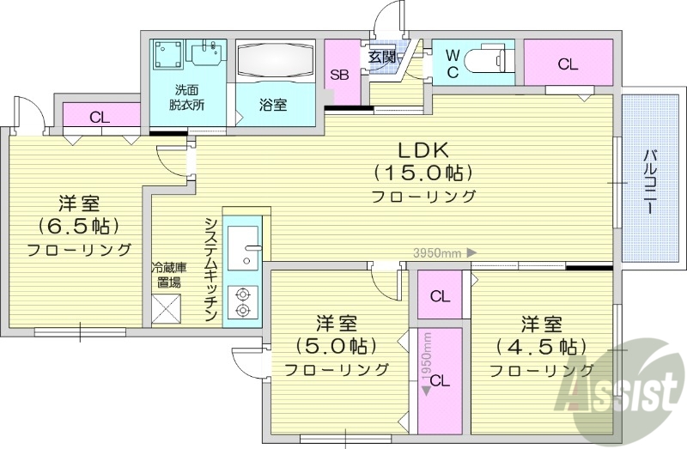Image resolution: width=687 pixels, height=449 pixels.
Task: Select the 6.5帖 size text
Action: (x=78, y=227)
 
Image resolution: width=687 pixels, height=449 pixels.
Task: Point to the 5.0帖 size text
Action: (x=336, y=346)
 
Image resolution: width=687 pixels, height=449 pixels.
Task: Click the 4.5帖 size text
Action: (x=541, y=346)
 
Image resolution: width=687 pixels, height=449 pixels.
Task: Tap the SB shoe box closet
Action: (x=341, y=74)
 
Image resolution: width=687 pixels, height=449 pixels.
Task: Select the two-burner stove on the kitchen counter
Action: (x=243, y=300)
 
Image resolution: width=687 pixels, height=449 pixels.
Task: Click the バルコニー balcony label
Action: (x=650, y=181)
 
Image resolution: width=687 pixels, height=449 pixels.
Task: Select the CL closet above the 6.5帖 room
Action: (x=99, y=118)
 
